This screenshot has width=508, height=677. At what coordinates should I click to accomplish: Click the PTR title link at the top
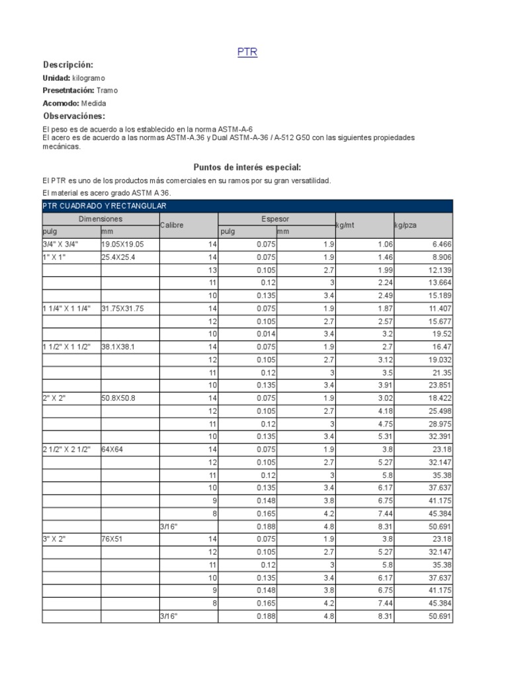pos(247,52)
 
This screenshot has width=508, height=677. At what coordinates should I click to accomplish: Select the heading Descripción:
pos(68,65)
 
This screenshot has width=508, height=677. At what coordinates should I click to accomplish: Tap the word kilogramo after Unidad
pos(89,78)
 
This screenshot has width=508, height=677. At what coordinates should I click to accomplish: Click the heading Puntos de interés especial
pos(247,167)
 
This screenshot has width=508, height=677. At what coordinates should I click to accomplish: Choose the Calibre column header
pos(172,225)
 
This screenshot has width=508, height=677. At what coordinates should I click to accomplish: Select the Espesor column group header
pos(276,219)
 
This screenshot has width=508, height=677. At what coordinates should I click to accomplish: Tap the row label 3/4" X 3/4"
pos(59,245)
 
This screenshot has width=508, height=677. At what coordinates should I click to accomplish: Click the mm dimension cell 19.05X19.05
pos(122,245)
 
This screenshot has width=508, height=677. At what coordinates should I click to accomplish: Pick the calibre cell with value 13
pos(212,270)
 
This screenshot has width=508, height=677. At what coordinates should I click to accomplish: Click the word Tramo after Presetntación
pos(107,91)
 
